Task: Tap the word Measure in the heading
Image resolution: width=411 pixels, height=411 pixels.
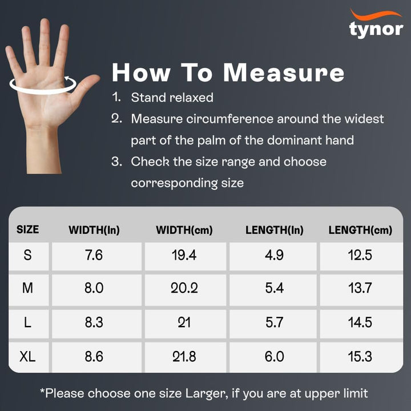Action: tap(284, 73)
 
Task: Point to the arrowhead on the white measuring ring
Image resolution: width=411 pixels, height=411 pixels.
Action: tap(67, 78)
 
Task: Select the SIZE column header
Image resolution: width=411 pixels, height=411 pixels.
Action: tap(27, 229)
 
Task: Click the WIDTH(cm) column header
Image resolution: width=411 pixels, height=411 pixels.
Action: tap(184, 230)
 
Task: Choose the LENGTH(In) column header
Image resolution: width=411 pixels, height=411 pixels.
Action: tap(275, 230)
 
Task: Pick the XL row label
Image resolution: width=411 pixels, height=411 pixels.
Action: tap(27, 356)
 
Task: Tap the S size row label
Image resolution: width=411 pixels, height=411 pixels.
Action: tap(27, 255)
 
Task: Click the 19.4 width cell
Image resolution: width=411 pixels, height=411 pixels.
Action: tap(184, 255)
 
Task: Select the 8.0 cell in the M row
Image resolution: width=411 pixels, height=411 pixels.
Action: tap(94, 288)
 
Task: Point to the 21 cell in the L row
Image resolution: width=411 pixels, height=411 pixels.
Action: tap(184, 322)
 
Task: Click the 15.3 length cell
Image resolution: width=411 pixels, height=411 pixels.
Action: tap(360, 356)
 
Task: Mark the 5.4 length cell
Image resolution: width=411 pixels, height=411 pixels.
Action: tap(274, 288)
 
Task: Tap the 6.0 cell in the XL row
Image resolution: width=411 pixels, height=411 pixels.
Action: tap(274, 356)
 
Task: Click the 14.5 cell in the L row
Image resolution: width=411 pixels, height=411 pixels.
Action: tap(360, 322)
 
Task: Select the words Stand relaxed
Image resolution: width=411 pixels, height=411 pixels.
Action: tap(172, 98)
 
